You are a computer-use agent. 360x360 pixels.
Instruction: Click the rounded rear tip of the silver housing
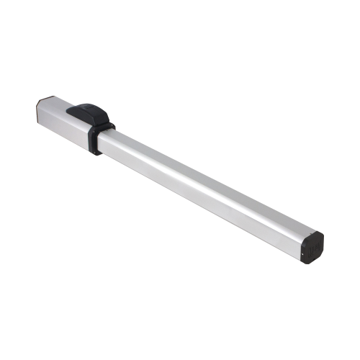[x=39, y=112]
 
